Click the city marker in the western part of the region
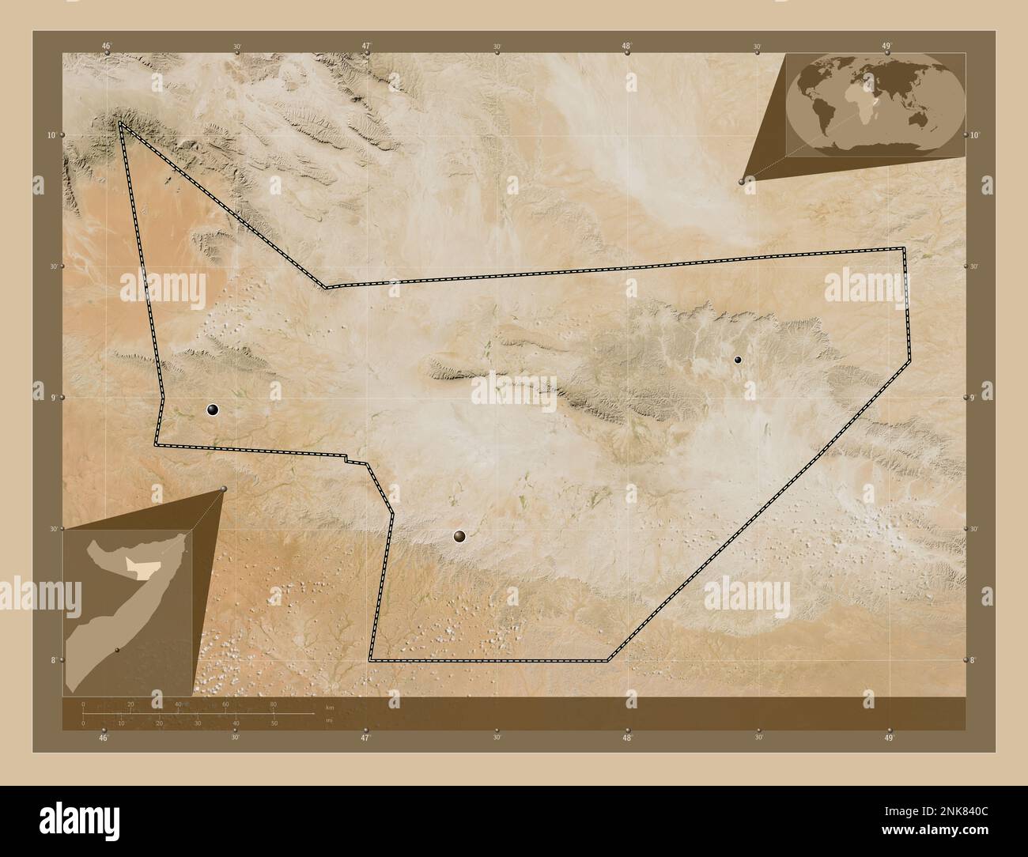[x=213, y=410]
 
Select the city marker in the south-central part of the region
[x=459, y=537]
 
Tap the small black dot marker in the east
[x=738, y=360]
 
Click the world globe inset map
[x=875, y=105]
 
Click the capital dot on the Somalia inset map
[x=116, y=650]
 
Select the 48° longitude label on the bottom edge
[x=627, y=738]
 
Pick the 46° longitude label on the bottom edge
[x=104, y=738]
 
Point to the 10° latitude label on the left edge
[x=51, y=135]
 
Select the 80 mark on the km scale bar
[x=274, y=704]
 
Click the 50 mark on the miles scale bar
[x=274, y=723]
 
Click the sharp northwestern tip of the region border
[x=120, y=123]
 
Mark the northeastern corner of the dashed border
[x=904, y=249]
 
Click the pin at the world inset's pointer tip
[x=742, y=182]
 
